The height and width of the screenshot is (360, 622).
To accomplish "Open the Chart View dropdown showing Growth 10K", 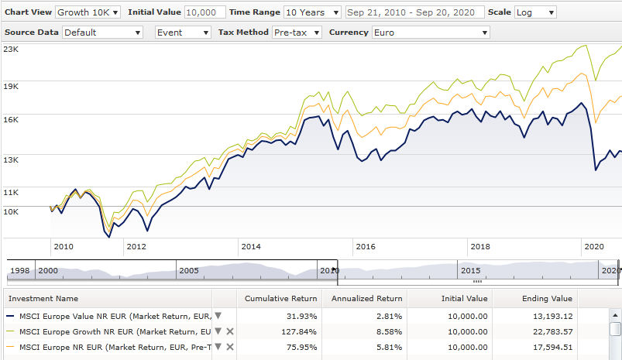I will click(x=88, y=12).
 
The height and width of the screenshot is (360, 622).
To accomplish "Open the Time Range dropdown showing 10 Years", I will click(x=312, y=12).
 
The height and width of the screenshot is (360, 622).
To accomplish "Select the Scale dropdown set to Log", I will click(x=535, y=12).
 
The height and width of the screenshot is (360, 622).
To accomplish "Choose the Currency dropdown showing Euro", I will click(x=431, y=33).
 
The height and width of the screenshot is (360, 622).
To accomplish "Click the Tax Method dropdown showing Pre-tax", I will click(x=296, y=33).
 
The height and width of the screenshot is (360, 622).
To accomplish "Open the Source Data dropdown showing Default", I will click(x=103, y=33).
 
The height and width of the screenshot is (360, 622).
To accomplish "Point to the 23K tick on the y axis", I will click(x=11, y=49).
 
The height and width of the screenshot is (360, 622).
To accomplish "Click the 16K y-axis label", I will click(x=11, y=118).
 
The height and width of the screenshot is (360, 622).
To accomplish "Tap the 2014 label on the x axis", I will click(x=250, y=246).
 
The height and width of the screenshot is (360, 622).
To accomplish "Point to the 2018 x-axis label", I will click(x=480, y=246).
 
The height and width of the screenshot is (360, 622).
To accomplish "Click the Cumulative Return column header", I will click(x=280, y=298).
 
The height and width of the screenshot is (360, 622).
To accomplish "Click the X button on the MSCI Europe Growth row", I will click(x=229, y=331).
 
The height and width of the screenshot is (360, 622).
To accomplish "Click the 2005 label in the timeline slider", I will click(x=190, y=270).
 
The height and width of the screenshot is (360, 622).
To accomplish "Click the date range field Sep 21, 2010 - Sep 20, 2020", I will click(x=414, y=12).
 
